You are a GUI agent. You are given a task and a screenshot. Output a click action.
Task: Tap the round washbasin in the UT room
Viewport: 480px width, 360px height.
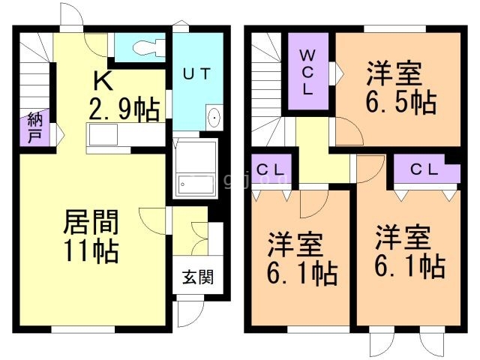click(214, 118)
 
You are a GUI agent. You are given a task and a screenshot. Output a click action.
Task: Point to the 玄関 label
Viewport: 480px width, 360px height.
click(196, 277)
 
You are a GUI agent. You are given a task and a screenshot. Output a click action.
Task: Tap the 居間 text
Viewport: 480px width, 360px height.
click(88, 222)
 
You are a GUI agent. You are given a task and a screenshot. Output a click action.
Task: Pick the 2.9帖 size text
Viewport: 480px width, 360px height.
click(124, 109)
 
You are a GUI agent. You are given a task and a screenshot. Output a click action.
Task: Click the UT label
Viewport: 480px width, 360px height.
click(197, 74)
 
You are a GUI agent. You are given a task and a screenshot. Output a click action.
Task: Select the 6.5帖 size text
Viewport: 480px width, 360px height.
click(401, 102)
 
